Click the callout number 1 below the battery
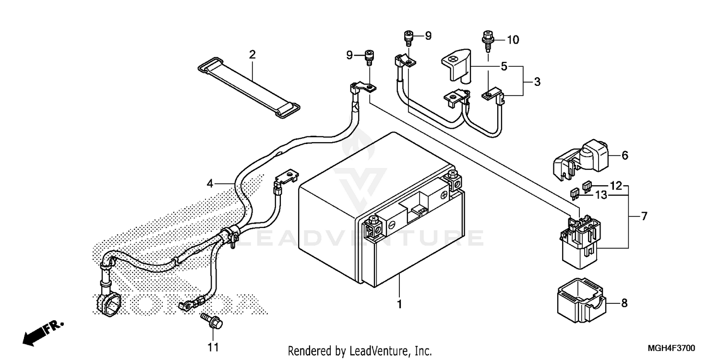[399, 304]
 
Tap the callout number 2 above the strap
[252, 54]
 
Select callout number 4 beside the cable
[210, 183]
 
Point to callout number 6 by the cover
[624, 156]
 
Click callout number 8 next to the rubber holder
[624, 303]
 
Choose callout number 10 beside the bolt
[513, 40]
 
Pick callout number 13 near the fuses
[601, 195]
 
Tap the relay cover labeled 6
[582, 156]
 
